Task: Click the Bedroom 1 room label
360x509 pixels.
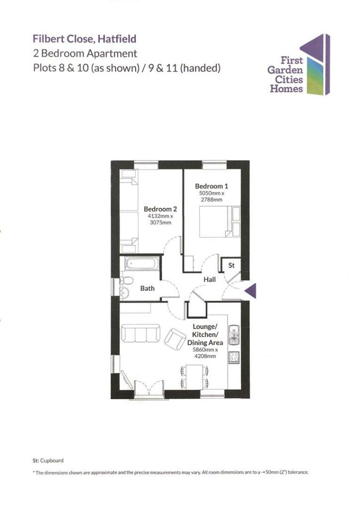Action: (211, 186)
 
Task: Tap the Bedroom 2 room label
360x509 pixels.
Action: (160, 209)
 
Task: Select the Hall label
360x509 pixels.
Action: (209, 280)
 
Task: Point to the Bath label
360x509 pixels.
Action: (147, 288)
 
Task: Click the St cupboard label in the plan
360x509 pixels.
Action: (231, 266)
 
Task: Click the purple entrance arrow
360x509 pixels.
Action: (252, 291)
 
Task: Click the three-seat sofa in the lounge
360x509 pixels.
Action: (141, 333)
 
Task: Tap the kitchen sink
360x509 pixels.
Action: (234, 336)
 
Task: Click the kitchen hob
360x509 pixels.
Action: (234, 357)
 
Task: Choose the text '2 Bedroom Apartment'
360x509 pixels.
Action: (85, 53)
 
